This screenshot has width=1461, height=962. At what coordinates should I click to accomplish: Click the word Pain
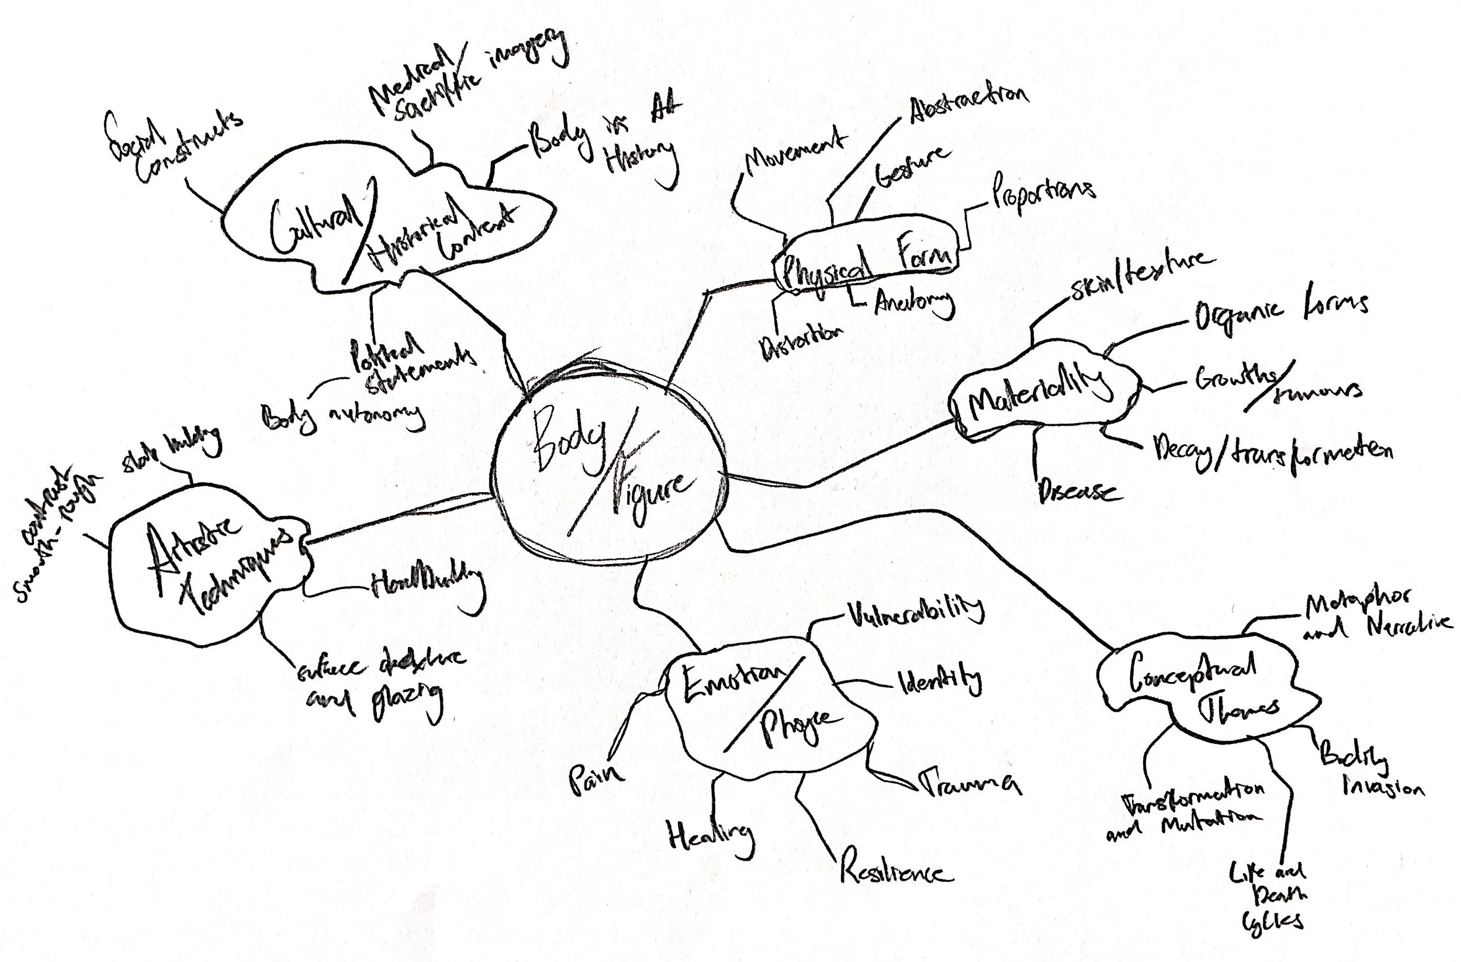[596, 780]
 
